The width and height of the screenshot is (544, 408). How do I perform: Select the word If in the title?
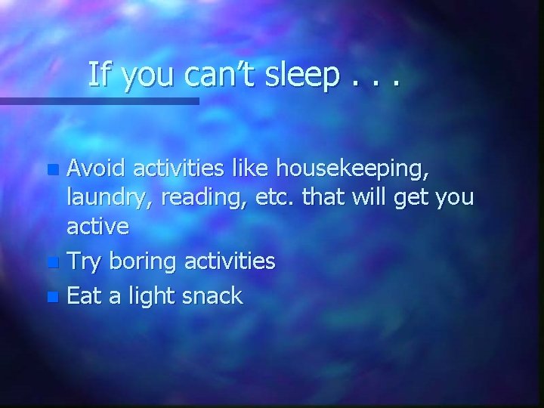[98, 75]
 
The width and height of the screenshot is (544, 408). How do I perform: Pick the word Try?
[85, 261]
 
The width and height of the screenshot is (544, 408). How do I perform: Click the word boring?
[144, 263]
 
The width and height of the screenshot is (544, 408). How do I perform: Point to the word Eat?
[84, 295]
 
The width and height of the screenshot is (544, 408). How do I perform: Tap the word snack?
[214, 295]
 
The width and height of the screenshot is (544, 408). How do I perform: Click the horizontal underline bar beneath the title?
[99, 100]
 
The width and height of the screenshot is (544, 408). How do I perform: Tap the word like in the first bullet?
[253, 163]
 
